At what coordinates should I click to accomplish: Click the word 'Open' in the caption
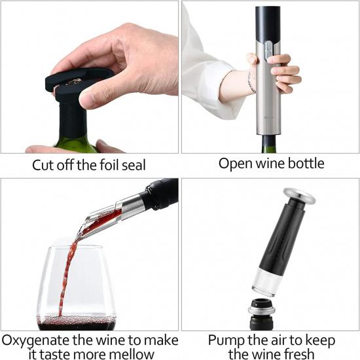(x=234, y=164)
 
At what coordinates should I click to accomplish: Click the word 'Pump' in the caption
(x=225, y=340)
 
